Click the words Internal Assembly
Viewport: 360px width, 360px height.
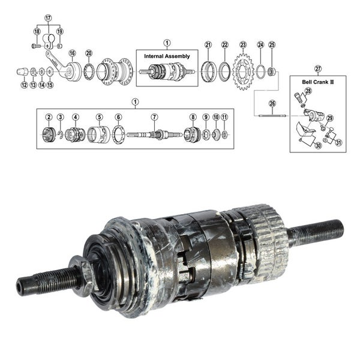(166, 55)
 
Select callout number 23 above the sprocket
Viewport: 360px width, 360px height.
(243, 45)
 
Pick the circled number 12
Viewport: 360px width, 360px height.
(24, 85)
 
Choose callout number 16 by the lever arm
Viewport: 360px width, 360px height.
(72, 53)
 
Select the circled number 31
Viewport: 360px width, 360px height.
(338, 142)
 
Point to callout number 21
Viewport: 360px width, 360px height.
(208, 45)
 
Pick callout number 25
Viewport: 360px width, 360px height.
(272, 45)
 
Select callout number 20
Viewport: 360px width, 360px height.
(89, 53)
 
